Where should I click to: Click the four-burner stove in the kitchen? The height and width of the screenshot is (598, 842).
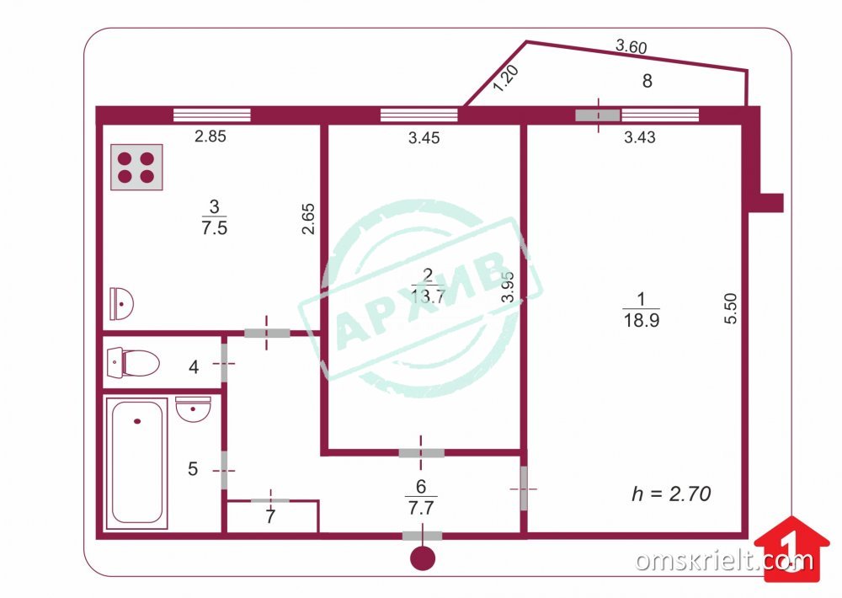point(136,167)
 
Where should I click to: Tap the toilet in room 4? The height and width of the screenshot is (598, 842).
point(133,363)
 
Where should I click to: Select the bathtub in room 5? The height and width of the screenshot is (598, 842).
point(136,462)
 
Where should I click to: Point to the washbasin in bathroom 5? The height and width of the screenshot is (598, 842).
point(193,409)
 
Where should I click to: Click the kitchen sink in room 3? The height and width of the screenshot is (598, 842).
point(121,303)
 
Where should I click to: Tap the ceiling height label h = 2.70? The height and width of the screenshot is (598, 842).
point(671,494)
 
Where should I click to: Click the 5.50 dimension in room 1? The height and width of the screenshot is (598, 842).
point(730,308)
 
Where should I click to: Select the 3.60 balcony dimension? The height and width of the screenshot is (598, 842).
point(631,46)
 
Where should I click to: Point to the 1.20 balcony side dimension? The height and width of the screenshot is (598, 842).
point(505,78)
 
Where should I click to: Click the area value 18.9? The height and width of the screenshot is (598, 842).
point(641,320)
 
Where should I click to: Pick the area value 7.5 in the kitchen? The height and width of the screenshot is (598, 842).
point(214,227)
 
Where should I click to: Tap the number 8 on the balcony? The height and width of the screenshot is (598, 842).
point(647,81)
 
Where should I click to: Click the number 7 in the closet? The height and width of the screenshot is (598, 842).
point(270,516)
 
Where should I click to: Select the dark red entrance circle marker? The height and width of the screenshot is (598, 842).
point(423,558)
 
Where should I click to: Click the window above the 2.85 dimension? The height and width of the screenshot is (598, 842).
point(212,115)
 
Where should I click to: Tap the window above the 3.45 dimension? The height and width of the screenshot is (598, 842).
point(418,115)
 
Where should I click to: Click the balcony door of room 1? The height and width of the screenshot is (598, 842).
point(598,115)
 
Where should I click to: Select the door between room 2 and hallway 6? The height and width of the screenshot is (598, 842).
point(422,453)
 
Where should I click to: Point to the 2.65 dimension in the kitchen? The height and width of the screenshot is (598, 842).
point(307,219)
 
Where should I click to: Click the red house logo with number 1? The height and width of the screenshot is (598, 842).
point(791,549)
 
